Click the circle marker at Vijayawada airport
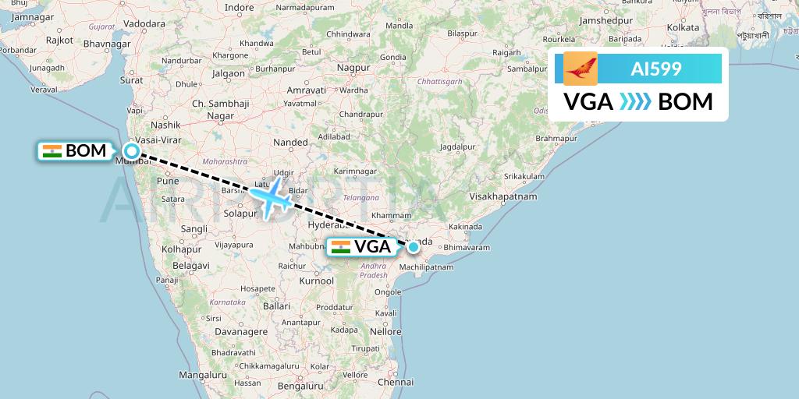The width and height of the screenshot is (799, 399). coord(413,248)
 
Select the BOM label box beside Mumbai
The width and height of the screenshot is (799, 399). coord(75,151)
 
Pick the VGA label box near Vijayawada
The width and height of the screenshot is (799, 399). coord(362,247)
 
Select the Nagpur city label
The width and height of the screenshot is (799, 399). coord(353,68)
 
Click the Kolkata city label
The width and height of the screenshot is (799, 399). coord(683,27)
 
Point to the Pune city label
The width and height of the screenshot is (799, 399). coord(169,181)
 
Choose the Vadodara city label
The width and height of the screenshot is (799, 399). coord(144,23)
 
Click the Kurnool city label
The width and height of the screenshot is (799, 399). coord(316,280)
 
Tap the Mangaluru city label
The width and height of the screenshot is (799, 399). coord(200,374)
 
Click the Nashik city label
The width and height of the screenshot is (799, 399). coord(165,124)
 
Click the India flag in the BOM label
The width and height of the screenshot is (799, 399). coord(52,151)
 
